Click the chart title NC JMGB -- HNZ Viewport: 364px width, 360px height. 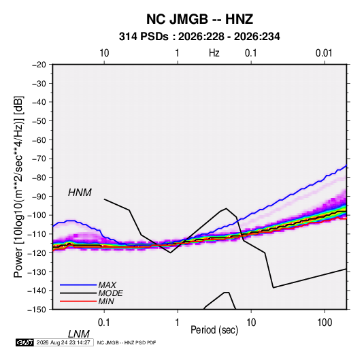(x=199, y=19)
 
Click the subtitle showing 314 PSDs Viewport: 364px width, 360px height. (x=199, y=37)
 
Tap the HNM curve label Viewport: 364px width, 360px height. (x=80, y=193)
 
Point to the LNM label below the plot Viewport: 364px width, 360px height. (x=78, y=334)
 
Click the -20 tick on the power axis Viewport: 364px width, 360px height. (x=39, y=65)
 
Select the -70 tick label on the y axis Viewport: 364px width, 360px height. (x=39, y=159)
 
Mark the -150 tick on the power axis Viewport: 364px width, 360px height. (x=37, y=310)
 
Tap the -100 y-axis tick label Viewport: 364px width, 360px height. (x=37, y=215)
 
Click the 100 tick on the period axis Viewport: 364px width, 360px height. (x=325, y=323)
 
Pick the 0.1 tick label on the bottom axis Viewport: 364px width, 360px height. (x=104, y=323)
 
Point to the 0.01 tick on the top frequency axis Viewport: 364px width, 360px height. (x=324, y=53)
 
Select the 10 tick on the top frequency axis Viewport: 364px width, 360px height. (x=104, y=53)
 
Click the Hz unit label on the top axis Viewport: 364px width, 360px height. (x=214, y=53)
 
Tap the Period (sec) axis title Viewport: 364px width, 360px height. (x=214, y=330)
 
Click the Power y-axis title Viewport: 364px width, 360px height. (x=18, y=187)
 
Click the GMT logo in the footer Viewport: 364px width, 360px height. (x=24, y=342)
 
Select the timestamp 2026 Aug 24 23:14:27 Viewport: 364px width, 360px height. (x=63, y=342)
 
